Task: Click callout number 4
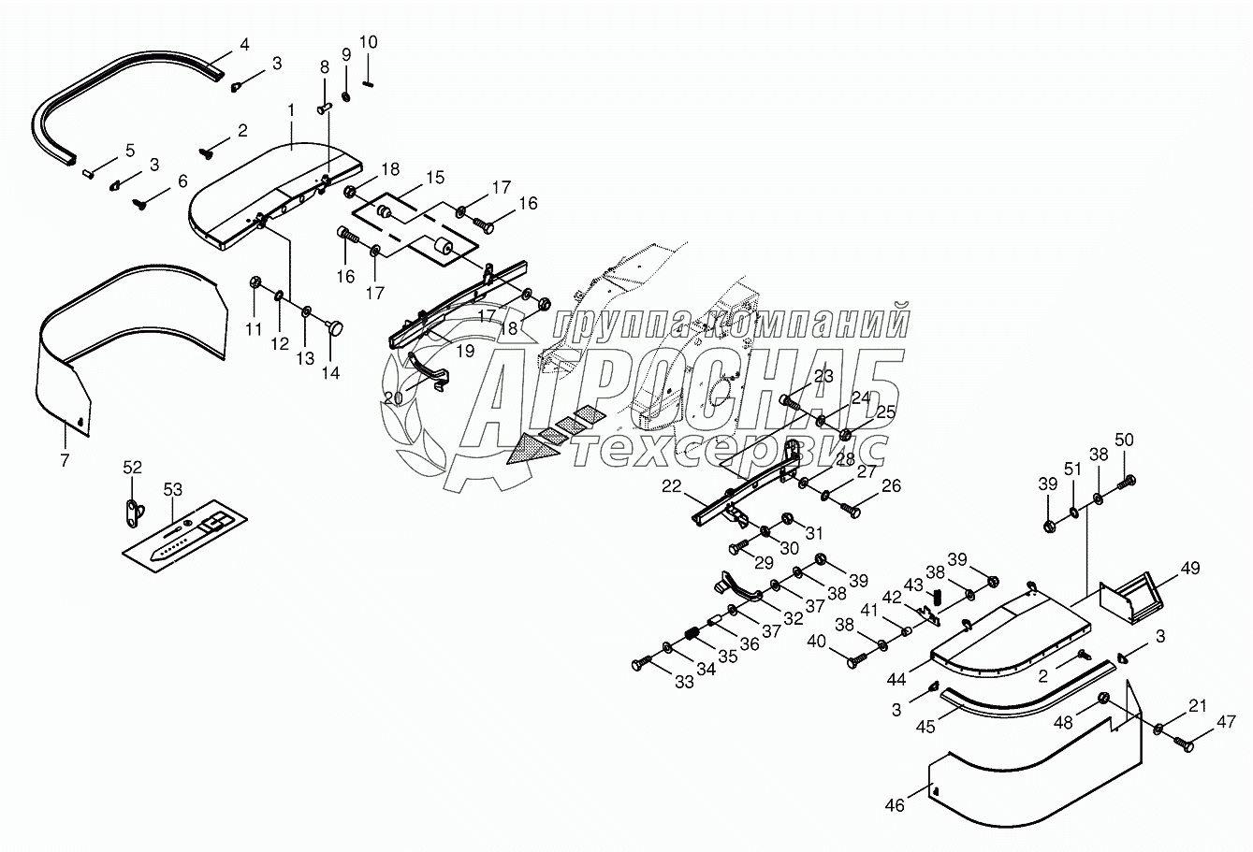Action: click(x=244, y=43)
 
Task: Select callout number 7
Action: click(x=65, y=459)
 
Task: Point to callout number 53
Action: click(x=173, y=488)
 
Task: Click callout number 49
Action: click(x=1189, y=568)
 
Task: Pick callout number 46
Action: click(x=896, y=804)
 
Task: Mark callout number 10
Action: click(x=368, y=42)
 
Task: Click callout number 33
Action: click(x=685, y=683)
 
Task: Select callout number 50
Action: click(x=1124, y=440)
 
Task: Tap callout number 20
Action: click(x=393, y=397)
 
